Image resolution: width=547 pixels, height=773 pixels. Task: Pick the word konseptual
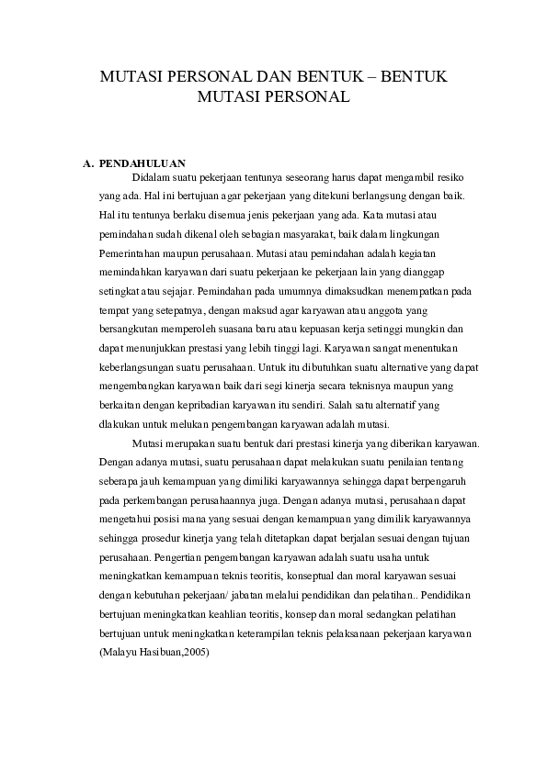coord(328,577)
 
